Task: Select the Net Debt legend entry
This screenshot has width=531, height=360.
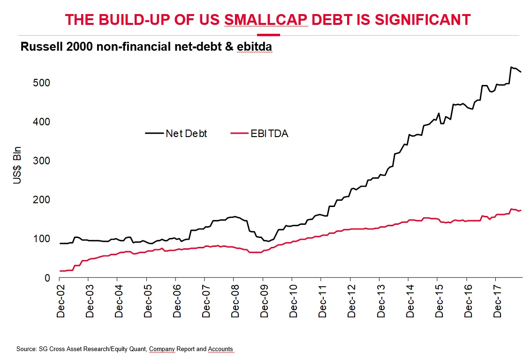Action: [x=186, y=133]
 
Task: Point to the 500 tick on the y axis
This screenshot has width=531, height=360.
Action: [x=42, y=83]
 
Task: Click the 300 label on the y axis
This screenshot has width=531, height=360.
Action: [x=42, y=161]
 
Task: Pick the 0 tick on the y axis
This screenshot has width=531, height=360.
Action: [x=48, y=278]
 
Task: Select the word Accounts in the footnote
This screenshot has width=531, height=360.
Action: [x=220, y=349]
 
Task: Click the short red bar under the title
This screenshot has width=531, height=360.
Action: [x=269, y=35]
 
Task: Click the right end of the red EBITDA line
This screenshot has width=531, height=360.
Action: [x=521, y=210]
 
